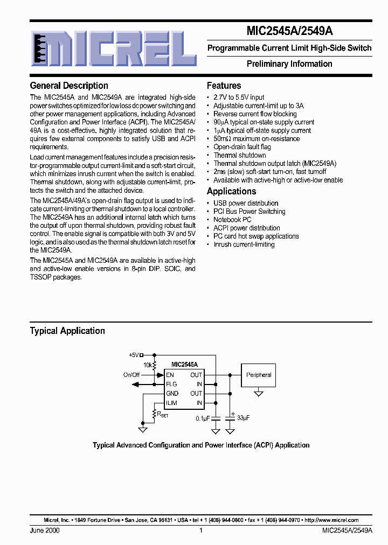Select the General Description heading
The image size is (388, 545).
pos(69,86)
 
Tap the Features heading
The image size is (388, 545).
pos(224,86)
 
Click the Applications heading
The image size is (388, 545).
pos(231,191)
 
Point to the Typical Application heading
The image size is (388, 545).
pos(67,331)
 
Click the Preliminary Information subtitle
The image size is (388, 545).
pos(289,64)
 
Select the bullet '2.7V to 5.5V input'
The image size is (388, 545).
pos(239,97)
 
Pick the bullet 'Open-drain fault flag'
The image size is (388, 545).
pos(242,146)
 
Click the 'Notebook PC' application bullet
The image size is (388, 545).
pos(232,220)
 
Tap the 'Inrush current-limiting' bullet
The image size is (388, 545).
pos(244,244)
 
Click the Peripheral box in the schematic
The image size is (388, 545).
pos(259,375)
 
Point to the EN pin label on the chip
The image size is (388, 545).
pos(170,375)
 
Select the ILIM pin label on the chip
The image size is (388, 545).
pos(172,403)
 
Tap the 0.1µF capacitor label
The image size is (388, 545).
pos(203,418)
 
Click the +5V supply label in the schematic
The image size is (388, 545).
pos(134,355)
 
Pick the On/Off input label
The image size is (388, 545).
pos(131,375)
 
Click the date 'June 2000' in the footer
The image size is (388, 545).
pos(45,530)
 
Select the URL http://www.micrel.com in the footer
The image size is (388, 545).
pos(331,520)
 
